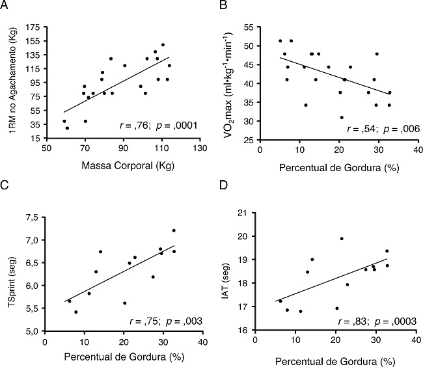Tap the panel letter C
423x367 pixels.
[x=6, y=193]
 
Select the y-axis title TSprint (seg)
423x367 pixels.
[x=12, y=273]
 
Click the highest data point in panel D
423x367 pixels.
[x=342, y=238]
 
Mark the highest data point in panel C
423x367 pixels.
[x=174, y=230]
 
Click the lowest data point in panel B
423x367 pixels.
[x=342, y=117]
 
